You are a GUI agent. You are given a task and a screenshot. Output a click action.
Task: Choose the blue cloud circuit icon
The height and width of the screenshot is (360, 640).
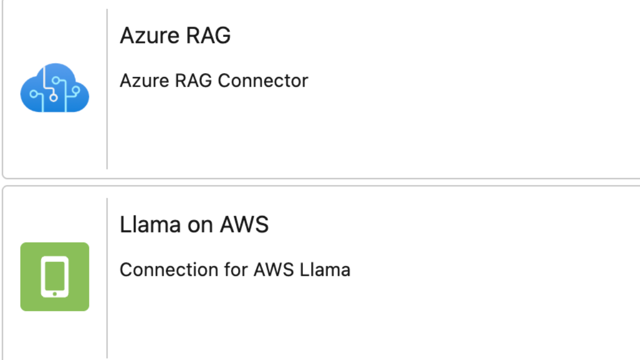coord(54,88)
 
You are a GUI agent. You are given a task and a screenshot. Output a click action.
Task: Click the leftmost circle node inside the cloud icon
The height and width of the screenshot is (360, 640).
coord(34,93)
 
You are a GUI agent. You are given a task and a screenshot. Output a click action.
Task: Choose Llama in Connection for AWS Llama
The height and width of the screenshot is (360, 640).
coord(325,270)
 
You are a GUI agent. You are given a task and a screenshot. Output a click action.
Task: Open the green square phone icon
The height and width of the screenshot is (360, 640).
coord(54,276)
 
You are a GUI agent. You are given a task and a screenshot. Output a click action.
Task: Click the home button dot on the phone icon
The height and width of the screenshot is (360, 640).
coord(54,293)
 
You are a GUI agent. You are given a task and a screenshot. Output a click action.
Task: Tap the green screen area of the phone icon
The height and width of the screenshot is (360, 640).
coord(54,275)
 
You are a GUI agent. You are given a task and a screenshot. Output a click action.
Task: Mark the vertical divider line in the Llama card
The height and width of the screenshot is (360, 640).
coord(107,278)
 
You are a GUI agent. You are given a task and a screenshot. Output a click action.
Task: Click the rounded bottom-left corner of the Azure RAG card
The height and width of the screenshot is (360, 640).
coord(4,176)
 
